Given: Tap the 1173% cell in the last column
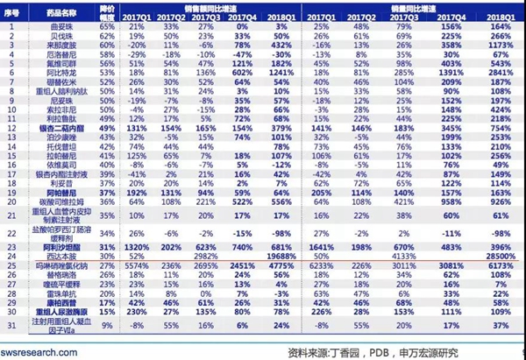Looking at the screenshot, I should point(501,42).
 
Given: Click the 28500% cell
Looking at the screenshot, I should point(501,256).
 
